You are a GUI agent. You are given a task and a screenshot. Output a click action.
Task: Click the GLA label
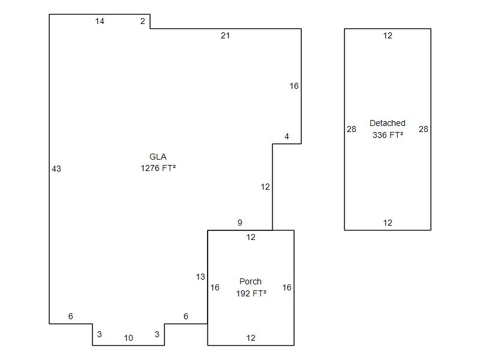point(158,157)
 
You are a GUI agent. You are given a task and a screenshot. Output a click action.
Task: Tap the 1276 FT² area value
point(158,168)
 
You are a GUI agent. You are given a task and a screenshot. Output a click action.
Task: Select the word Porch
point(250,281)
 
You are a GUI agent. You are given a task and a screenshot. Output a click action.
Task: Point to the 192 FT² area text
point(251,293)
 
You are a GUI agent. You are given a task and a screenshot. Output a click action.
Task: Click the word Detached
point(388,123)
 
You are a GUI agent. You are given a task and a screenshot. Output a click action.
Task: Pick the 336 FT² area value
point(388,135)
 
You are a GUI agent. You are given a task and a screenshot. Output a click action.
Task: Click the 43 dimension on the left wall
point(56,169)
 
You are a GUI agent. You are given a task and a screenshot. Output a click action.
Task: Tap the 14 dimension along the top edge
point(100,21)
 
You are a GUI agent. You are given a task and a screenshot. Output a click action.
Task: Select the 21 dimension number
point(226,35)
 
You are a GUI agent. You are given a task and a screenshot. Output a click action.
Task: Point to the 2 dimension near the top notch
point(143,21)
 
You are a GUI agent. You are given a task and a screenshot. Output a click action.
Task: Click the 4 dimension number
point(287,136)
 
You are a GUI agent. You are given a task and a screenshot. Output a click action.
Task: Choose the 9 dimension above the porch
point(239,223)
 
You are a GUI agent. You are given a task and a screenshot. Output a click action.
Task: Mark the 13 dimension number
point(200,277)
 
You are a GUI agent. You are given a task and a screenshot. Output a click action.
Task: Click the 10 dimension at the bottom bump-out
point(128,338)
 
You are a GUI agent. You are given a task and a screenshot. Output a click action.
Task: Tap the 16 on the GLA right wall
point(294,86)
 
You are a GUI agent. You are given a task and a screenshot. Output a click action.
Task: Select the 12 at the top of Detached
point(388,35)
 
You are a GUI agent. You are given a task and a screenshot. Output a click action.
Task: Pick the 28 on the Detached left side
point(352,129)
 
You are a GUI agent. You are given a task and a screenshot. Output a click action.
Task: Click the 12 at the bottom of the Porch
point(251,338)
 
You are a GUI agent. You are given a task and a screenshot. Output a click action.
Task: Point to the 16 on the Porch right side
point(287,287)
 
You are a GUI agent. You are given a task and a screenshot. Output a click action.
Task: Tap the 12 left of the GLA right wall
point(265,187)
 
